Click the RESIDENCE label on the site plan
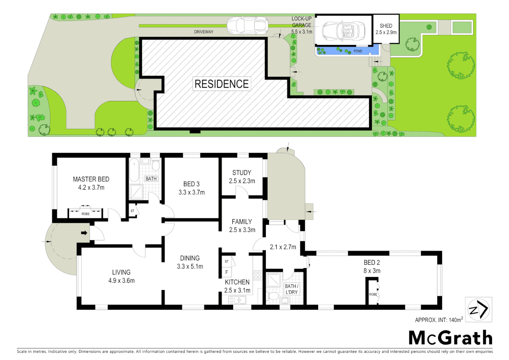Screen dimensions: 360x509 (x=222, y=84)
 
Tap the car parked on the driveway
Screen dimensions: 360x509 (x=247, y=26)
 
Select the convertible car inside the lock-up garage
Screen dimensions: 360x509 (x=343, y=31)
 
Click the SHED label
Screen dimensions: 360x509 (x=386, y=26)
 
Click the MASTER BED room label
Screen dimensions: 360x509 (x=91, y=179)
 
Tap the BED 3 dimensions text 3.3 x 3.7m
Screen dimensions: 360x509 (x=192, y=192)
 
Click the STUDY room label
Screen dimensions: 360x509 (x=242, y=173)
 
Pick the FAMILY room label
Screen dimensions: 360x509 (x=242, y=222)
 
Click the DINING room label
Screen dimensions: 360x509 (x=190, y=258)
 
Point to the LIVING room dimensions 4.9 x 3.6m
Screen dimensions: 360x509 (x=121, y=281)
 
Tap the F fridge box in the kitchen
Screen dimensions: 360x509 (x=227, y=272)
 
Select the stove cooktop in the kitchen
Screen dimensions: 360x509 (x=257, y=275)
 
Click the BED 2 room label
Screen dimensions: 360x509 (x=372, y=262)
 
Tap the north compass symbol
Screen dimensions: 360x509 (x=478, y=310)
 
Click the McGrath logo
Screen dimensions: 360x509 (x=450, y=338)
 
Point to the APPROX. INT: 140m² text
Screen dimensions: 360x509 (x=439, y=320)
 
